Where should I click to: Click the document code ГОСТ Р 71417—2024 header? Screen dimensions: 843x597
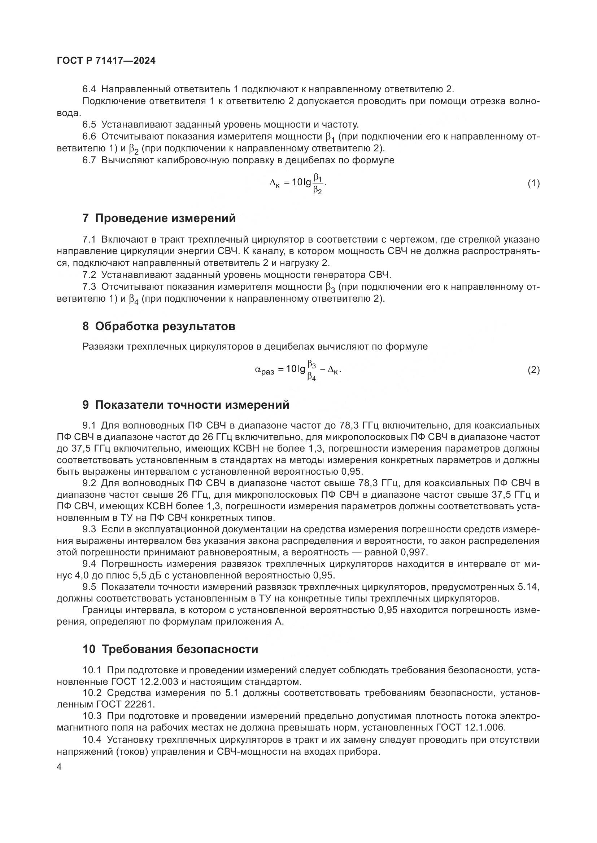point(106,61)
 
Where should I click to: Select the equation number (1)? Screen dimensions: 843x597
point(533,183)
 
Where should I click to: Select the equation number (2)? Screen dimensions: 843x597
point(533,370)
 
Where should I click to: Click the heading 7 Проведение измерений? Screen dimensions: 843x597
point(159,218)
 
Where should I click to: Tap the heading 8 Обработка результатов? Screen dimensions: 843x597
point(159,326)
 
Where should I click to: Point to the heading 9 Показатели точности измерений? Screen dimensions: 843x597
point(186,405)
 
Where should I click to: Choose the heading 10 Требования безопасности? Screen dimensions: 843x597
point(170,649)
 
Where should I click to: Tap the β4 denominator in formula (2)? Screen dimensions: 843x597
point(311,377)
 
